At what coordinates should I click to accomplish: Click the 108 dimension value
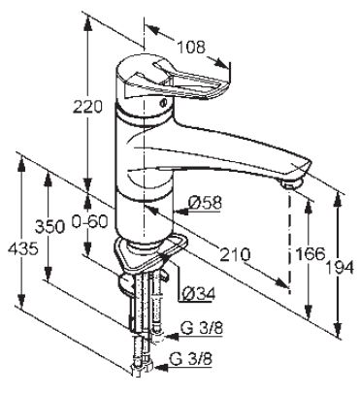pyautogui.click(x=191, y=48)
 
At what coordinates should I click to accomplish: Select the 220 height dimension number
pyautogui.click(x=87, y=107)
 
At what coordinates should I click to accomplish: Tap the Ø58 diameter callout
pyautogui.click(x=206, y=204)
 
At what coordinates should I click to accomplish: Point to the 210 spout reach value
pyautogui.click(x=235, y=254)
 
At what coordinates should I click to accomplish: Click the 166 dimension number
pyautogui.click(x=310, y=254)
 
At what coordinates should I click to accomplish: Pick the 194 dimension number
pyautogui.click(x=340, y=268)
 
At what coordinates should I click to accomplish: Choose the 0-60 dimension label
pyautogui.click(x=89, y=222)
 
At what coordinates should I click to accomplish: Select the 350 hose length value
pyautogui.click(x=49, y=227)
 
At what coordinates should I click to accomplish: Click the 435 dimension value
pyautogui.click(x=23, y=249)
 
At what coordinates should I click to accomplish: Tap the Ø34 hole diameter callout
pyautogui.click(x=199, y=294)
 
